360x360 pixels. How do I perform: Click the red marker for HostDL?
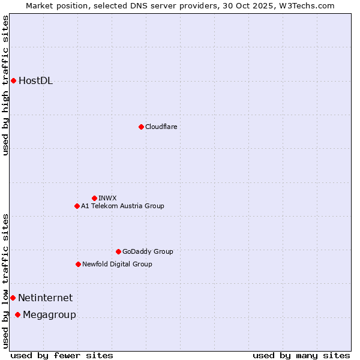pos(13,80)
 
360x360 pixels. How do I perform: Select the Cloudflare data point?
pos(141,127)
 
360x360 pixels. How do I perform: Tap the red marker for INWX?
pos(94,198)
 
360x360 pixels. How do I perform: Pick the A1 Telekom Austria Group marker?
pos(77,206)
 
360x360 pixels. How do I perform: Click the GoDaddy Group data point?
pos(118,251)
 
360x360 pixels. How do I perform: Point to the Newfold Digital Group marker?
pos(78,264)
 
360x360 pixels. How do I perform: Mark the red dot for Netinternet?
pos(13,298)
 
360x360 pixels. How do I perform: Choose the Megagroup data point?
pos(17,314)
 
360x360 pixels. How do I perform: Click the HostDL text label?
pos(36,81)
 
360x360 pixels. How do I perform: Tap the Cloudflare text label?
pos(161,127)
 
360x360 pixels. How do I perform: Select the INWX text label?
pos(107,198)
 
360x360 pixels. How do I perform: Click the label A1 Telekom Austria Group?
pos(122,206)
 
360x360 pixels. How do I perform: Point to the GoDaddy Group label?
pos(148,251)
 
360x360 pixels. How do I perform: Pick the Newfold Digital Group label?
pos(117,264)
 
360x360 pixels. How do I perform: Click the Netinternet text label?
pos(45,298)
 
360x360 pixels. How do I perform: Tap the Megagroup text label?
pos(49,315)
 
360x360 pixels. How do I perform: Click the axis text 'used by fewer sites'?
pos(62,355)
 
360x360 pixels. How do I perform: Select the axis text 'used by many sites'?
pos(301,355)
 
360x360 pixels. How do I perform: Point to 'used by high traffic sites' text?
pos(5,85)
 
